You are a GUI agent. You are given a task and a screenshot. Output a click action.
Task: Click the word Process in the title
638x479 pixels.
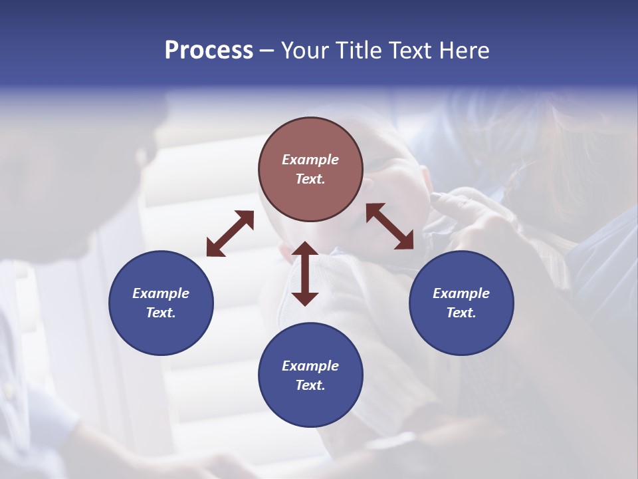(209, 51)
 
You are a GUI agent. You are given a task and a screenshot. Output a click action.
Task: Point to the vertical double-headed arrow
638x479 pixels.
(305, 273)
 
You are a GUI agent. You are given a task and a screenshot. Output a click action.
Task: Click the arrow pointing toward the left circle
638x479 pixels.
(230, 234)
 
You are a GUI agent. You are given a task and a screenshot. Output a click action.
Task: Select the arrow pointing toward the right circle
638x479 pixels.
(389, 226)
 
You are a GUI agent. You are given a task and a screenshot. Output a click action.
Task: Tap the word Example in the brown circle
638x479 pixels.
(310, 160)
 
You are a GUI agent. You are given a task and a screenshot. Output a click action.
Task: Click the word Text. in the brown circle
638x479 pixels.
(310, 179)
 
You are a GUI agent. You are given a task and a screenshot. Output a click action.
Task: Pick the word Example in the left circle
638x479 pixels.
(161, 293)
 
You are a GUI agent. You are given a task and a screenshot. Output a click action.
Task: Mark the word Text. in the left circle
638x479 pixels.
(161, 313)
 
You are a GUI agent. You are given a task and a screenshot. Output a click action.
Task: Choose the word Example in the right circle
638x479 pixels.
(461, 293)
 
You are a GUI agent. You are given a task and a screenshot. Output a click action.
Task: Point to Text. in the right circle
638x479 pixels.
(461, 313)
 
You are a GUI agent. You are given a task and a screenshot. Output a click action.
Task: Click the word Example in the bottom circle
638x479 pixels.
(310, 366)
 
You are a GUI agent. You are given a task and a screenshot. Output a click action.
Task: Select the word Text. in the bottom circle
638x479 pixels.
(310, 385)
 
